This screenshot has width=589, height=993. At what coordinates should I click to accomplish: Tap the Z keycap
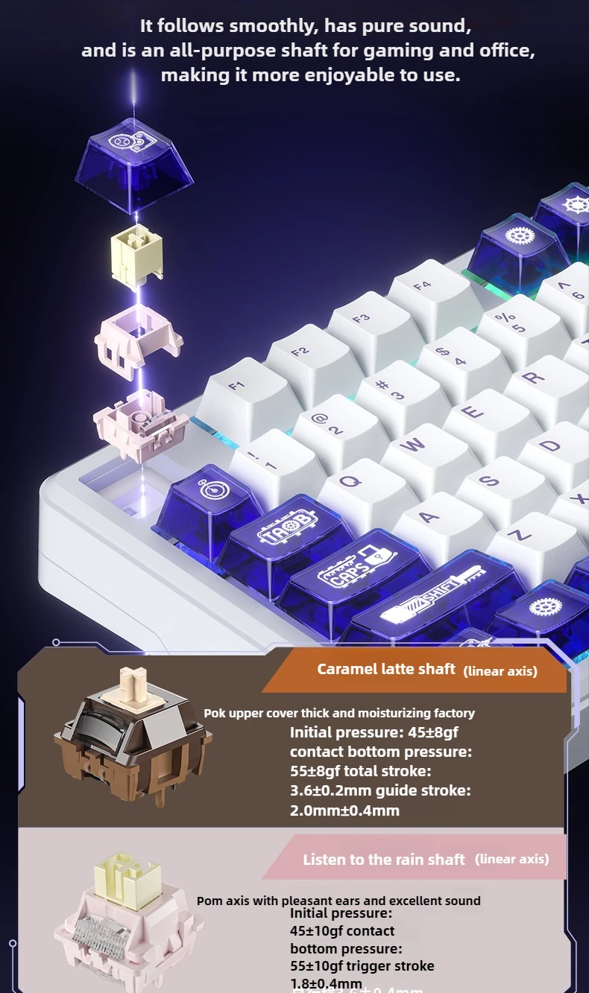click(519, 536)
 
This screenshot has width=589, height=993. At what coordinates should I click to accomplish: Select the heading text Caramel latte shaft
click(385, 669)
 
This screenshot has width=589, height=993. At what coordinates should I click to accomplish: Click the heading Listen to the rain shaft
click(383, 860)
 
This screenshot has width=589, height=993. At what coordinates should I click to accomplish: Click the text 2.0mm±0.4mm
click(344, 810)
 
